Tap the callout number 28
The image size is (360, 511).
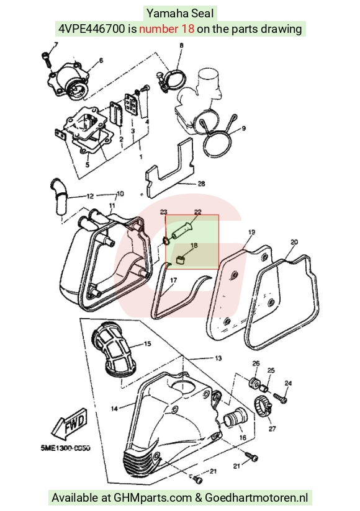tap(202, 184)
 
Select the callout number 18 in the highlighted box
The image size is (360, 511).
tap(194, 246)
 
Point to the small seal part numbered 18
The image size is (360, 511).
tap(181, 260)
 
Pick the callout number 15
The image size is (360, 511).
tap(147, 344)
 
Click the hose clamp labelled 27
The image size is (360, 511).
tap(263, 406)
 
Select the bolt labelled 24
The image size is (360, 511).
tap(280, 398)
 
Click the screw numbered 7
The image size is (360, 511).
tap(47, 60)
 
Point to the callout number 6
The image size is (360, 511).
tap(101, 61)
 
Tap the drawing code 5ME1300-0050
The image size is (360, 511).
tap(66, 448)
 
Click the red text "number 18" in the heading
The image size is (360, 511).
tap(166, 29)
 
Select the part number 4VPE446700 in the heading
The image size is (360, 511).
tap(92, 29)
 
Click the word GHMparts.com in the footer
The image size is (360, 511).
tap(153, 497)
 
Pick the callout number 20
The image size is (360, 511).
tap(294, 242)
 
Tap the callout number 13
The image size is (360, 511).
tap(218, 358)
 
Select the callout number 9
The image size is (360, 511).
tap(243, 128)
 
